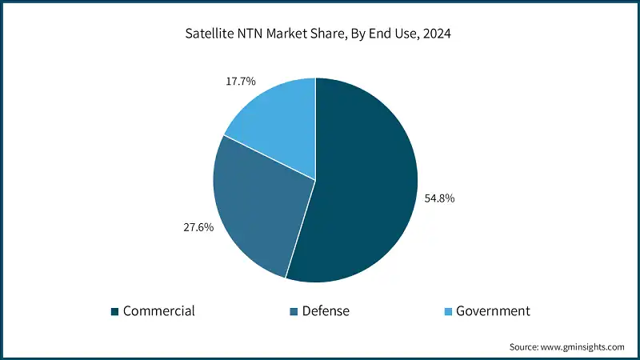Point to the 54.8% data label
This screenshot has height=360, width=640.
click(x=440, y=198)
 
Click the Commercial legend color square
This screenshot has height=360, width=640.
click(x=114, y=311)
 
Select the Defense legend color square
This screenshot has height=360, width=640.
click(x=294, y=311)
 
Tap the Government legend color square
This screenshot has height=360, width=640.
click(x=447, y=311)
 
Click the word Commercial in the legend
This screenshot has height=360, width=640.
click(x=158, y=311)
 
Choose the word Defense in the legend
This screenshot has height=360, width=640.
click(x=326, y=311)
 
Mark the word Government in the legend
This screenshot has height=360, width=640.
click(x=493, y=311)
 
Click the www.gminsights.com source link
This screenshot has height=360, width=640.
click(x=583, y=347)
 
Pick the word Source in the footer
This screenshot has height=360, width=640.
click(x=525, y=347)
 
